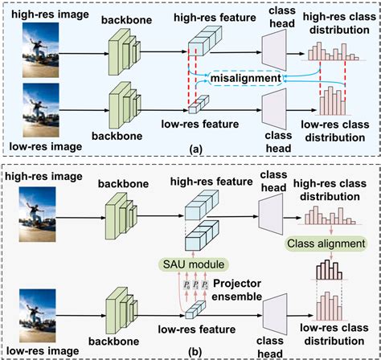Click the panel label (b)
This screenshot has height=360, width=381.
click(x=190, y=352)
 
